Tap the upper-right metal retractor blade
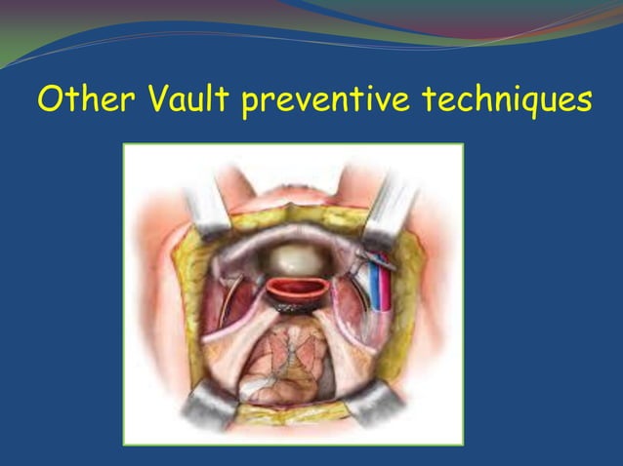(x=391, y=200)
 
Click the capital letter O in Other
(x=51, y=99)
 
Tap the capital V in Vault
(x=160, y=99)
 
